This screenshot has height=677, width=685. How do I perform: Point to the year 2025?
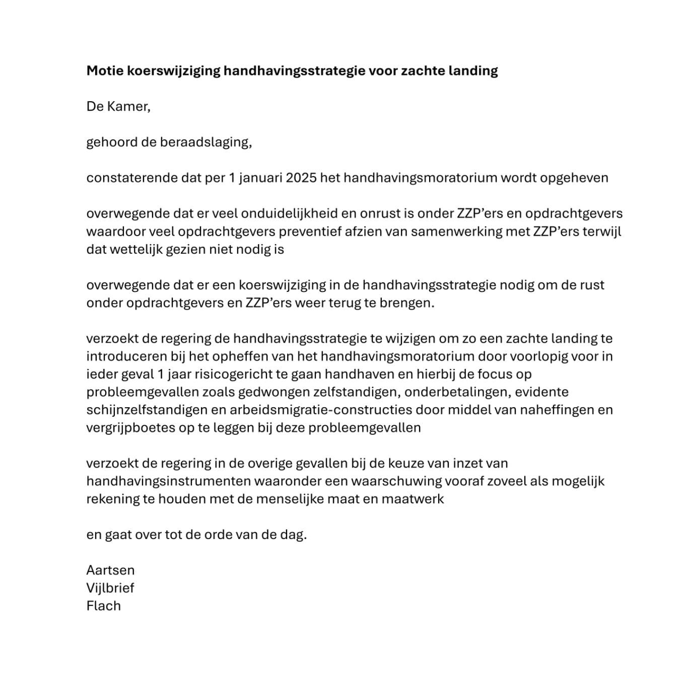(x=301, y=178)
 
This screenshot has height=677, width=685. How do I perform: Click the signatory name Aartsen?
(x=110, y=570)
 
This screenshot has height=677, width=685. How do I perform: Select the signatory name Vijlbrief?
(x=110, y=588)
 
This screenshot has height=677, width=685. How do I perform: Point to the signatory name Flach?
(x=104, y=606)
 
